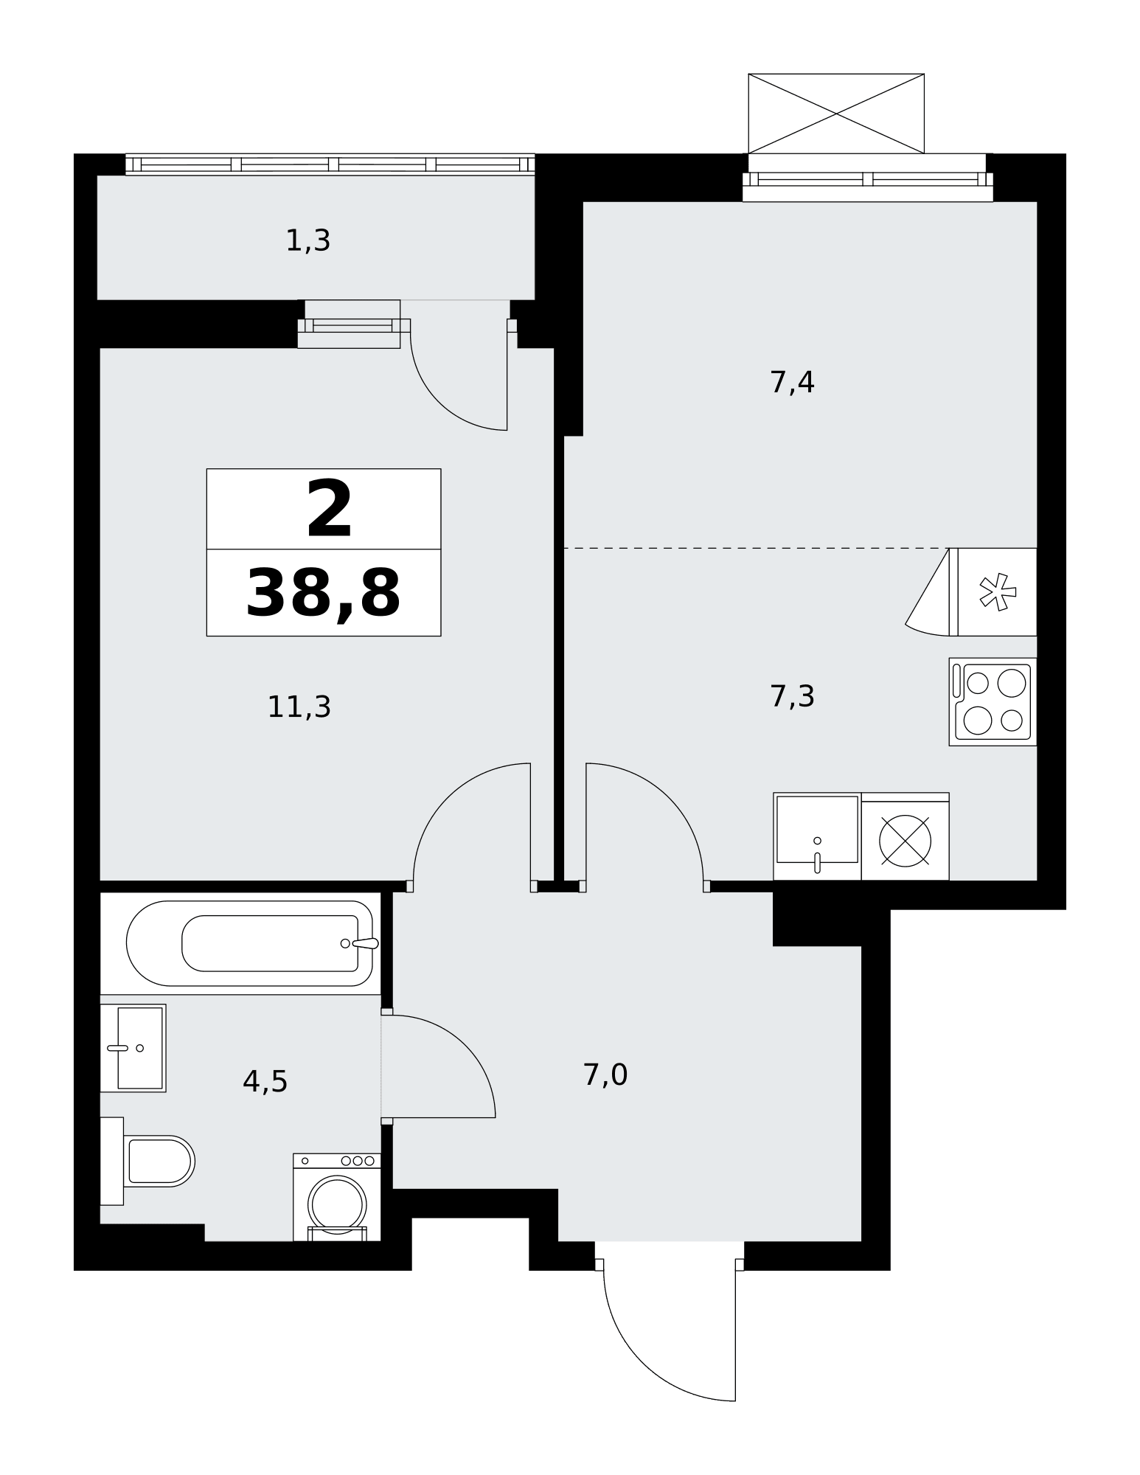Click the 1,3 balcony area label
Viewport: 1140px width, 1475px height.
tap(307, 241)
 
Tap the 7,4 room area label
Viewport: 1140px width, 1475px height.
tap(792, 383)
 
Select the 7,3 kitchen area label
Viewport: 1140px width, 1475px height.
tap(792, 696)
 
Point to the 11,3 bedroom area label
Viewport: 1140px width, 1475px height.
tap(299, 707)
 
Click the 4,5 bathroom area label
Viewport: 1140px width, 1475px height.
tap(265, 1082)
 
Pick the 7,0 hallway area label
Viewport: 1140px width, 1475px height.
tap(605, 1075)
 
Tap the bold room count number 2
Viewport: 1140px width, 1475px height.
tap(330, 509)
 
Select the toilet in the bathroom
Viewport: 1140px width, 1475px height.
tap(147, 1161)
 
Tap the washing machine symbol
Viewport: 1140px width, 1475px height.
tap(337, 1197)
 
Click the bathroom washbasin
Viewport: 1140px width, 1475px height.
tap(133, 1047)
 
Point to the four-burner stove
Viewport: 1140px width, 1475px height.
tap(993, 701)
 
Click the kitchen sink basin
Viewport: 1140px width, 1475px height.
tap(817, 836)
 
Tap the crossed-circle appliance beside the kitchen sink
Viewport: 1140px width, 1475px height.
tap(905, 841)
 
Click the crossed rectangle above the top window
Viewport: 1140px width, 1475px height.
tap(836, 114)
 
